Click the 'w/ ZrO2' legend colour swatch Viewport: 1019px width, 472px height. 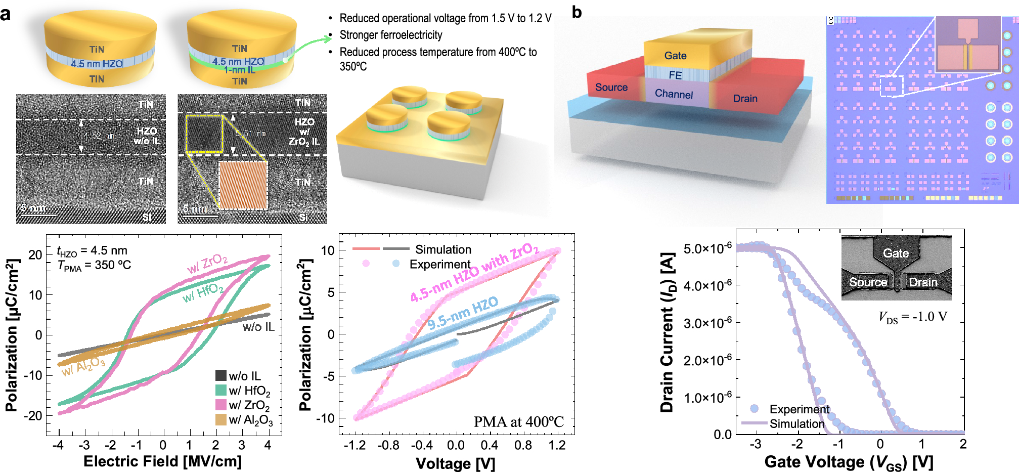click(220, 405)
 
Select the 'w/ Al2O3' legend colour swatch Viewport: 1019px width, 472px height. click(220, 419)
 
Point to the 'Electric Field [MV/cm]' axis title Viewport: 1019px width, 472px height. click(162, 461)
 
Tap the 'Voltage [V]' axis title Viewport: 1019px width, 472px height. click(455, 463)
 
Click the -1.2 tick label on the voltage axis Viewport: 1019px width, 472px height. click(355, 445)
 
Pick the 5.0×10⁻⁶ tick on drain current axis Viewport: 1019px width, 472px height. click(707, 248)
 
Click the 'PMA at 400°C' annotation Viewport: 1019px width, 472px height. click(518, 422)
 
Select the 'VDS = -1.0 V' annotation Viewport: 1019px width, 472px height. click(912, 317)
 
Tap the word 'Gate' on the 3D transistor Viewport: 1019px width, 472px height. click(675, 56)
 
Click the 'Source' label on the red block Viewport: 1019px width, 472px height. click(611, 87)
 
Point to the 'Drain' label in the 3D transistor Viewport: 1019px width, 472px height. click(745, 99)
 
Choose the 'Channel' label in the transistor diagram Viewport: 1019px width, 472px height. click(674, 94)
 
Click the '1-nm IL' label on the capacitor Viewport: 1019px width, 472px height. click(240, 70)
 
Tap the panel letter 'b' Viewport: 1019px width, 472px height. click(577, 12)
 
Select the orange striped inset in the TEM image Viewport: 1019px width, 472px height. click(243, 185)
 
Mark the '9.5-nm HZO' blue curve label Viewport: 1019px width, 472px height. click(463, 314)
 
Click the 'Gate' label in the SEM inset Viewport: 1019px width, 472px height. click(896, 253)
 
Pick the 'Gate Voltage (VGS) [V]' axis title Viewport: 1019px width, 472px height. click(849, 462)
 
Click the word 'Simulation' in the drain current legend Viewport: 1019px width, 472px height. click(797, 424)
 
